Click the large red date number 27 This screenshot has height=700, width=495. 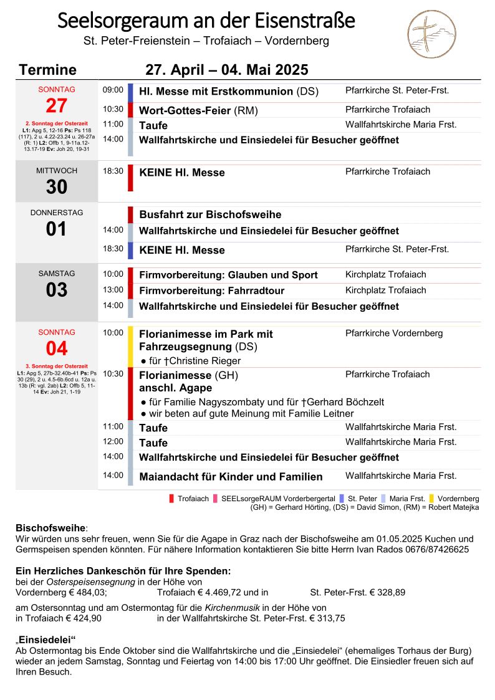[x=56, y=106]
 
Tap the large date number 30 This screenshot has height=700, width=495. [x=56, y=187]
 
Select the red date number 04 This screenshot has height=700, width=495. [x=56, y=348]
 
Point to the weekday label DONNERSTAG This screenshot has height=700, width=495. [x=56, y=213]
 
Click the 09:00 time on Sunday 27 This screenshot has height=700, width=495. [x=113, y=90]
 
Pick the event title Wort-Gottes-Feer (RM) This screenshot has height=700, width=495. [x=198, y=111]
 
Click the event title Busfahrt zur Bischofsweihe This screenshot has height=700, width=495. [x=210, y=215]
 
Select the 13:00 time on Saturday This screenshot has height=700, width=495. [x=113, y=290]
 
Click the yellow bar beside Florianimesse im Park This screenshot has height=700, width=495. [x=130, y=346]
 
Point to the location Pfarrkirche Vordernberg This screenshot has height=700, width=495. [x=394, y=333]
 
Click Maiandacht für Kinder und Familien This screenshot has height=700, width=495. [x=231, y=477]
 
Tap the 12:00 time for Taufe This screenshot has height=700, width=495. [x=113, y=442]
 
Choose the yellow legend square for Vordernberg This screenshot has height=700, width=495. [x=431, y=499]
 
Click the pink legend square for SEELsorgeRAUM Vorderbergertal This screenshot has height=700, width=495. [x=216, y=499]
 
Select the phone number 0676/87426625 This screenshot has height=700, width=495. [x=440, y=550]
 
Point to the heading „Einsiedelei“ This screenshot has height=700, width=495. [x=46, y=640]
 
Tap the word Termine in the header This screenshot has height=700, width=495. [x=48, y=70]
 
